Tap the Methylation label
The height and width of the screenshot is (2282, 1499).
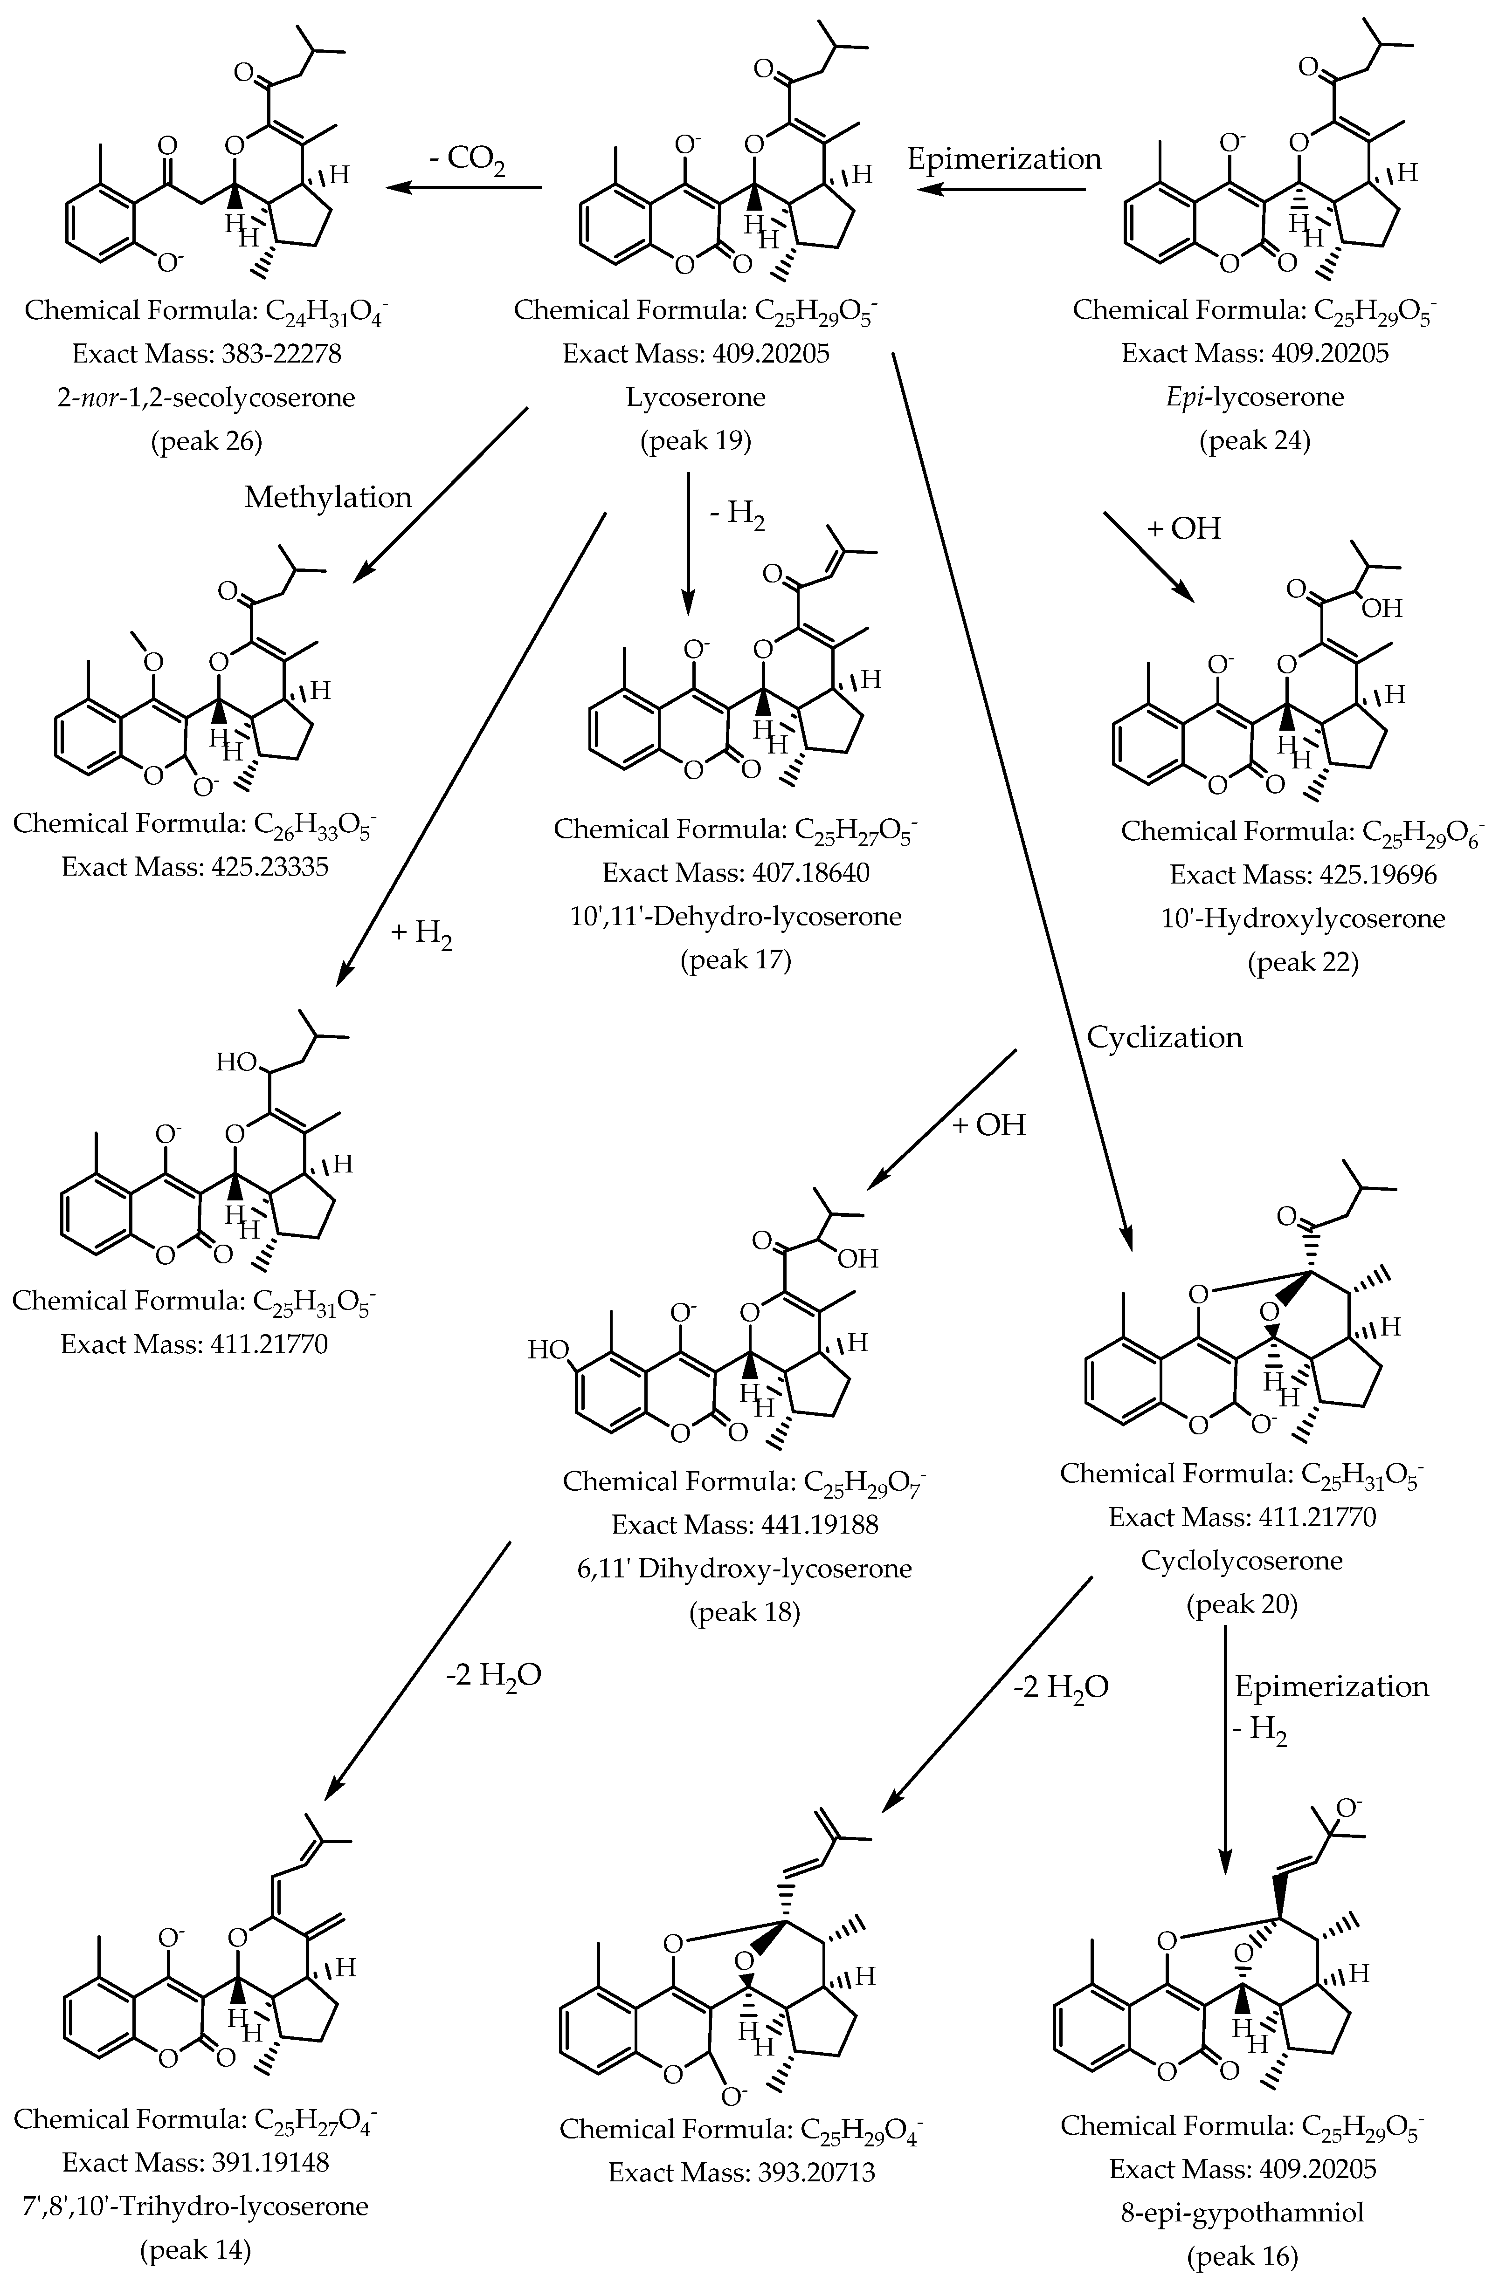[x=328, y=497]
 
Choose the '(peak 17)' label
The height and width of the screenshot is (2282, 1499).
[x=736, y=960]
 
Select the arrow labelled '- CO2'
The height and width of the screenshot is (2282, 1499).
[x=464, y=189]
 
